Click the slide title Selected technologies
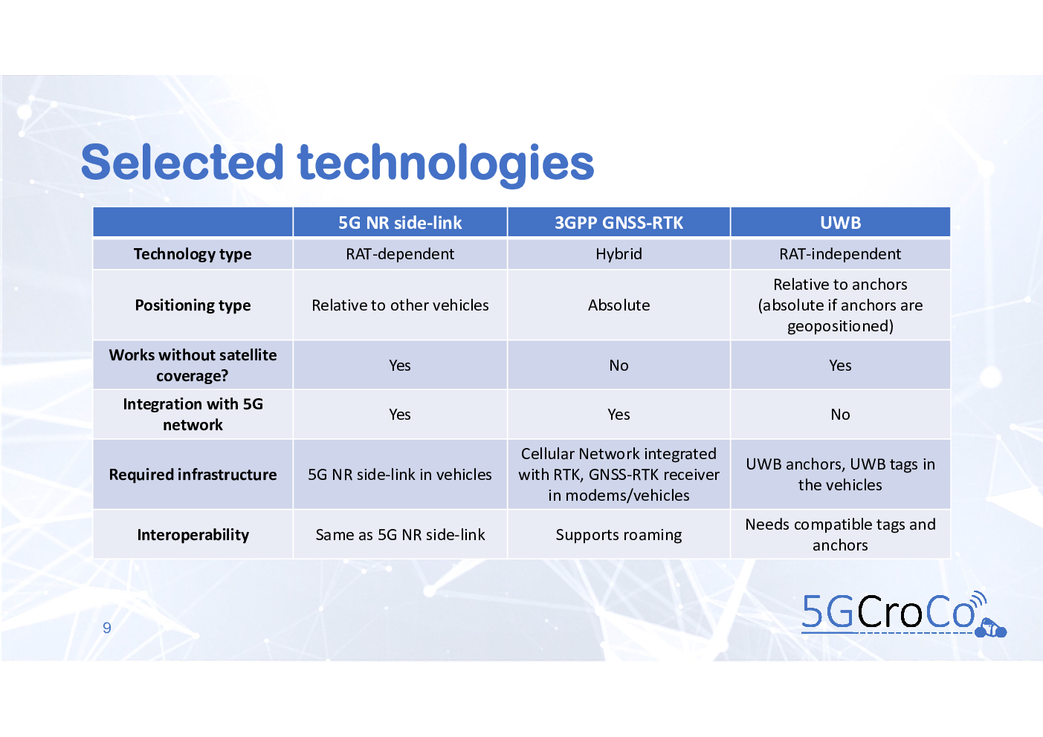pyautogui.click(x=337, y=163)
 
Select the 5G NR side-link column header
pyautogui.click(x=400, y=223)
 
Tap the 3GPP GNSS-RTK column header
pyautogui.click(x=619, y=223)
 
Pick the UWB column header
pyautogui.click(x=841, y=223)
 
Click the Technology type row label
pyautogui.click(x=193, y=254)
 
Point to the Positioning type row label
pyautogui.click(x=193, y=305)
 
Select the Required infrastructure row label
pyautogui.click(x=193, y=475)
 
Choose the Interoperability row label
pyautogui.click(x=193, y=535)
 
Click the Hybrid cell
pyautogui.click(x=619, y=254)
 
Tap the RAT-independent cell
pyautogui.click(x=841, y=254)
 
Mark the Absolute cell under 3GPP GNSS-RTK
pyautogui.click(x=619, y=305)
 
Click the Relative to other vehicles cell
pyautogui.click(x=400, y=305)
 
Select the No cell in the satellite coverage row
pyautogui.click(x=619, y=366)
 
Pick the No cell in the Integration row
pyautogui.click(x=841, y=415)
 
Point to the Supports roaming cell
pyautogui.click(x=619, y=535)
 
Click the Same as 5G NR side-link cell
pyautogui.click(x=400, y=535)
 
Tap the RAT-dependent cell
pyautogui.click(x=400, y=254)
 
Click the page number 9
pyautogui.click(x=107, y=628)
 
